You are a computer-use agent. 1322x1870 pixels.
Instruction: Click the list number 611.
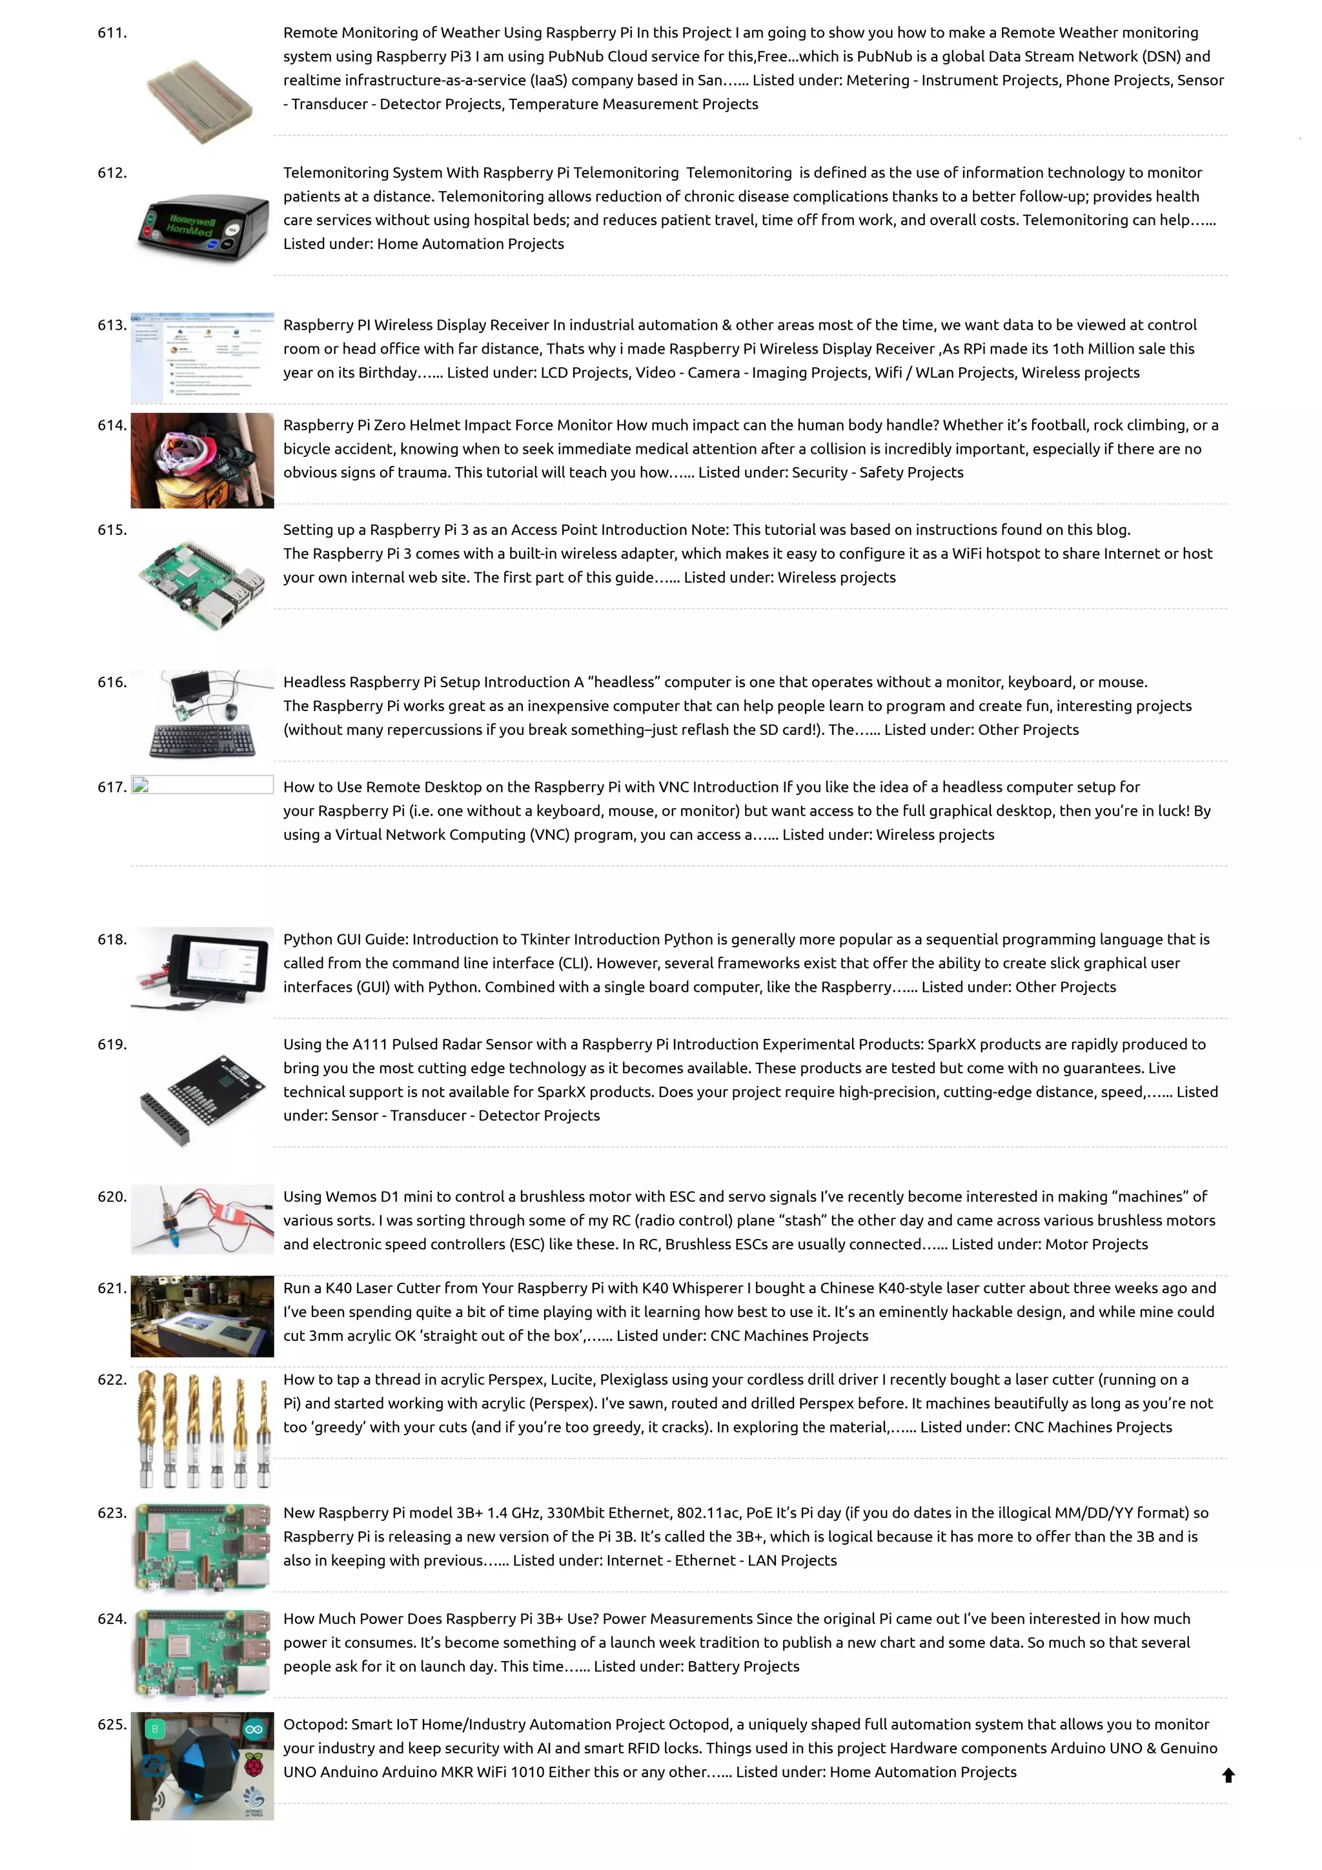click(x=112, y=32)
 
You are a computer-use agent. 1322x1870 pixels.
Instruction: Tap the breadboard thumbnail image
click(x=200, y=99)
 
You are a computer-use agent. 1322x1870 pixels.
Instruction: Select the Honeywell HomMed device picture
click(x=202, y=226)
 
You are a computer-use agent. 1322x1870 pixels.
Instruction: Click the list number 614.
click(x=112, y=425)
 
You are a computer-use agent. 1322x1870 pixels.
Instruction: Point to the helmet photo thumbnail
click(x=202, y=460)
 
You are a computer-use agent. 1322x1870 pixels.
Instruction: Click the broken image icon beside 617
click(x=140, y=785)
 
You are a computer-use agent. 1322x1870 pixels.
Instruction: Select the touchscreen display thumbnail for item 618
click(x=216, y=967)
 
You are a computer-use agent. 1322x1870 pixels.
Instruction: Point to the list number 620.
click(x=112, y=1196)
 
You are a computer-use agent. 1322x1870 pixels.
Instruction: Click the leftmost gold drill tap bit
click(x=147, y=1426)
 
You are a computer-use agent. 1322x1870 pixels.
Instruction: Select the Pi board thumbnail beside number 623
click(x=202, y=1547)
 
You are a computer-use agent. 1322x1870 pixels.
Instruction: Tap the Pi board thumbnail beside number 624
click(x=202, y=1653)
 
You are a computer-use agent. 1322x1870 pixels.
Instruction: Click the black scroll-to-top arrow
click(x=1228, y=1776)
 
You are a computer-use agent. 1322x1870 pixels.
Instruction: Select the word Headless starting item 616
click(x=314, y=681)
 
